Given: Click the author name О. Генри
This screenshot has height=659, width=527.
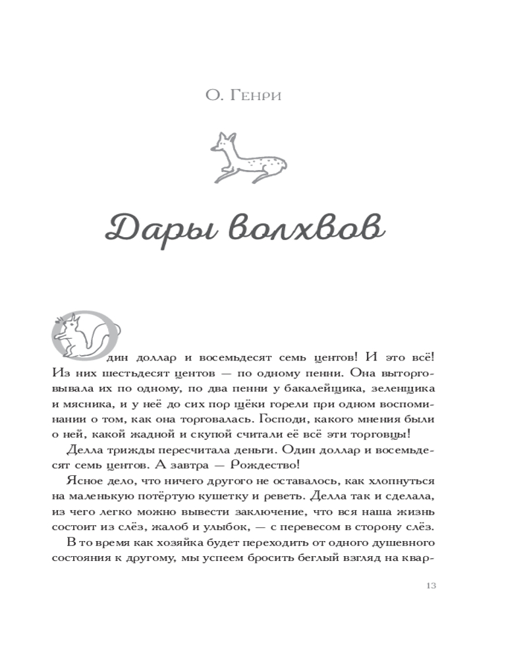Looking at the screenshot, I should (x=244, y=97).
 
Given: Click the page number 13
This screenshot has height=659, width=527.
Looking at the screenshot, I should (x=432, y=586).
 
